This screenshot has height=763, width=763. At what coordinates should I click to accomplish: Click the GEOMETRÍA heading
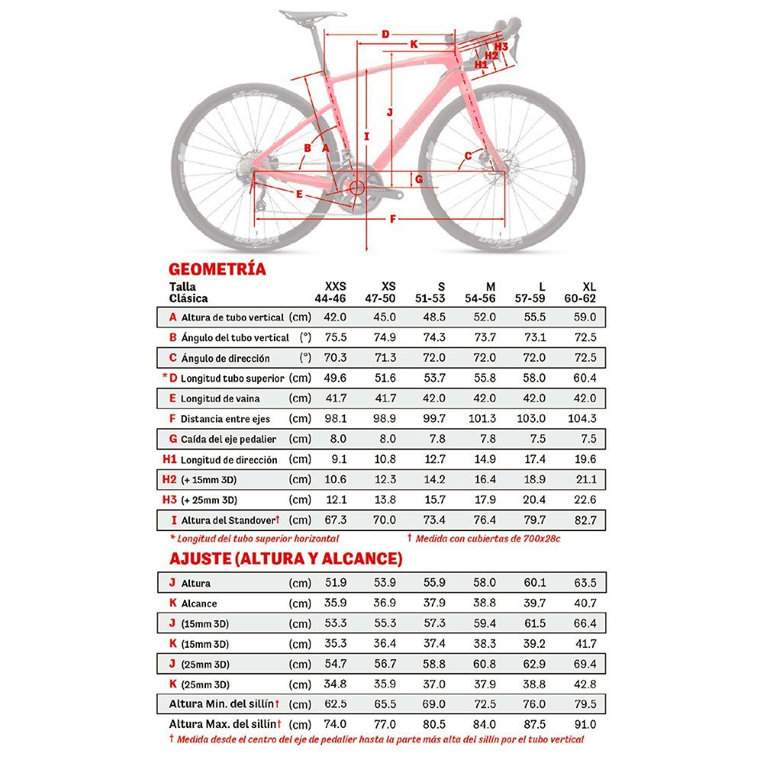pos(217,269)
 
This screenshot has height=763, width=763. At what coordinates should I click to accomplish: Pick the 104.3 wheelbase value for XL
pos(582,419)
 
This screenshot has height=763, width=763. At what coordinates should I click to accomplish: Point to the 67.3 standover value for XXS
pos(336,520)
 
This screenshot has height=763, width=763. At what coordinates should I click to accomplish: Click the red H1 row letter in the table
pos(169,459)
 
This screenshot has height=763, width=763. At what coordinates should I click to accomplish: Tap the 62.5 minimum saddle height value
pos(336,704)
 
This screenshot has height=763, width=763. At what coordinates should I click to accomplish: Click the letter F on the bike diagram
pos(393,220)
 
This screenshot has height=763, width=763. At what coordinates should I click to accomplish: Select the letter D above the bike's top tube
pos(385,34)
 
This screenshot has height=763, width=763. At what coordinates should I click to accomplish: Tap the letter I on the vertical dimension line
pos(367,137)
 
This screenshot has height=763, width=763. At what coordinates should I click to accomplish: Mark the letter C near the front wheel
pos(468,156)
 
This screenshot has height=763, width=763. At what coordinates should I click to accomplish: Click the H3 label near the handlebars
pos(501,47)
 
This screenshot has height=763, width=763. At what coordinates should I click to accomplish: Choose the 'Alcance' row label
pos(199,603)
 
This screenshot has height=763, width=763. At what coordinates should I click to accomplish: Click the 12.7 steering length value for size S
pos(435,459)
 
